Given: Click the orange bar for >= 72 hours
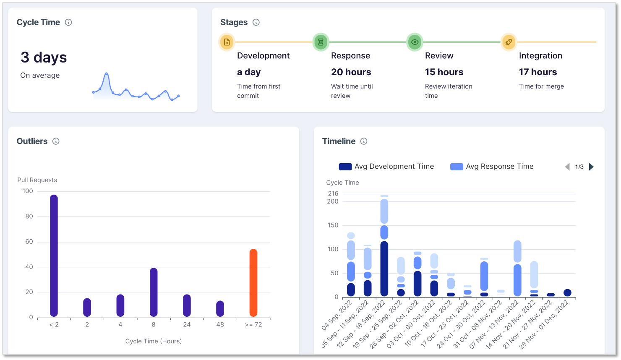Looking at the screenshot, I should tap(253, 282).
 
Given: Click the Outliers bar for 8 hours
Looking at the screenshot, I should tap(154, 292).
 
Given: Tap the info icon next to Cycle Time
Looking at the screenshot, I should tap(68, 22).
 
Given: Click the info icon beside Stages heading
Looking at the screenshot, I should tap(256, 22).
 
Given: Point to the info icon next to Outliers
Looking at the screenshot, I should tap(56, 141).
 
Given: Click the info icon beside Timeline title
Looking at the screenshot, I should tap(364, 141).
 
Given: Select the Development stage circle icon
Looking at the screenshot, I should tap(227, 42).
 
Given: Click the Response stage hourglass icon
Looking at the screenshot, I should tap(321, 42).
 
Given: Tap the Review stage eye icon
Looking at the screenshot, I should tap(415, 42).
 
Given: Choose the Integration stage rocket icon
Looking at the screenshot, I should tap(509, 42).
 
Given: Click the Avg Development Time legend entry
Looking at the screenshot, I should tap(386, 167).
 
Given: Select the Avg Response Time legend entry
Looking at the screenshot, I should tap(492, 167).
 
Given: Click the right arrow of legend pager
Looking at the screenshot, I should tap(591, 167).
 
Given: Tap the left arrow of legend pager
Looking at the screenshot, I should tap(567, 167).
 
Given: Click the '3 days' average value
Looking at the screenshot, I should tap(44, 57).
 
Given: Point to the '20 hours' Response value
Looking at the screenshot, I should tap(351, 72).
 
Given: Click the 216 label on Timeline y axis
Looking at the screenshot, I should tap(333, 193).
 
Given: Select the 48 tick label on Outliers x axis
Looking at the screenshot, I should tap(220, 324).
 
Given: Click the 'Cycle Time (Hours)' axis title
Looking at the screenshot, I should tap(154, 341).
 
